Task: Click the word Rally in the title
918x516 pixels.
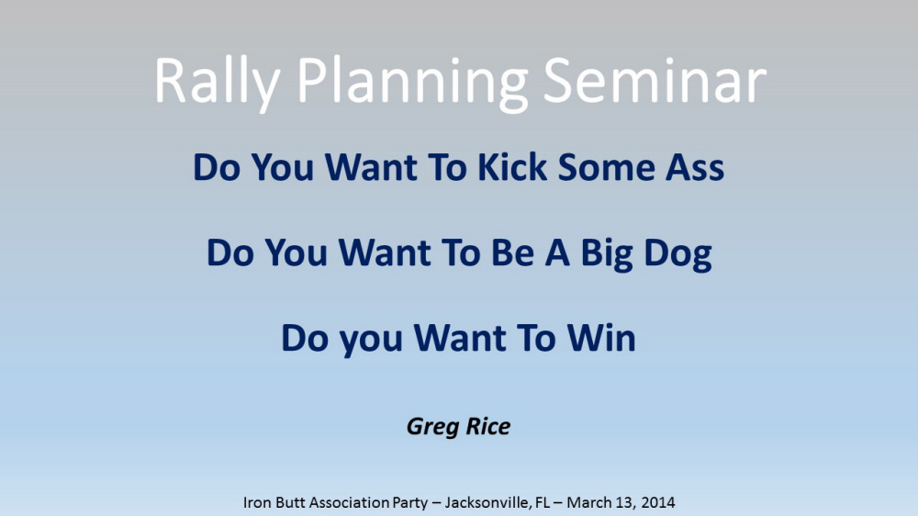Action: tap(218, 83)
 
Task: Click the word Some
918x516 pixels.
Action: tap(606, 168)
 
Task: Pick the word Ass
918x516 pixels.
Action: tap(695, 168)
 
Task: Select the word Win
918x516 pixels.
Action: tap(601, 339)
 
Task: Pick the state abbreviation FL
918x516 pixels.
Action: tap(543, 502)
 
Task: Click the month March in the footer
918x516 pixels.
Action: tap(587, 502)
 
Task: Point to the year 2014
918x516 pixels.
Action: tap(658, 502)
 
